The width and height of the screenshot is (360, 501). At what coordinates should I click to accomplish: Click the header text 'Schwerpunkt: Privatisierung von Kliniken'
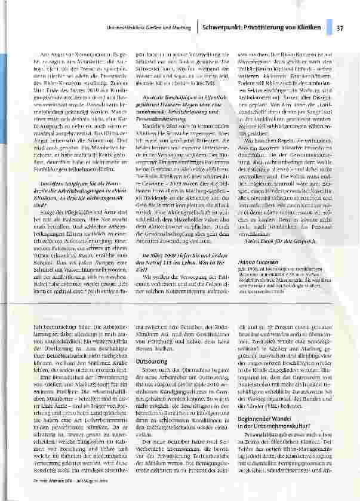pyautogui.click(x=261, y=27)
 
